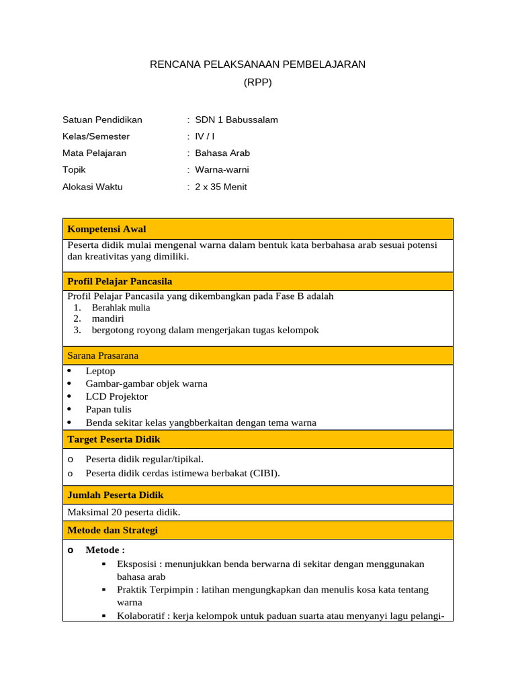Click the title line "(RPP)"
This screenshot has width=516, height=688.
[257, 83]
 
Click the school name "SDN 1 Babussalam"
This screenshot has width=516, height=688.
[236, 120]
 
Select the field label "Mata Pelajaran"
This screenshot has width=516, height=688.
[94, 153]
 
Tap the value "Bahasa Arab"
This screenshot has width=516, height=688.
[222, 153]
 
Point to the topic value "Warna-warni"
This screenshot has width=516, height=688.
[222, 170]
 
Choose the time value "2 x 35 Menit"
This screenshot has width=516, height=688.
[221, 187]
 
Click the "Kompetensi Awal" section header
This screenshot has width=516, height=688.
[107, 229]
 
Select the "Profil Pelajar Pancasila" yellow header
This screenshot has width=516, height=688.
[120, 281]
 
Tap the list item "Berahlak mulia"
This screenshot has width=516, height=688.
[121, 308]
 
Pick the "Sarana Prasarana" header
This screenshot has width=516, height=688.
[103, 355]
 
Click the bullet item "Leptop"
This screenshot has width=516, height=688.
[101, 371]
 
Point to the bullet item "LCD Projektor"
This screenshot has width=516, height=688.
[117, 396]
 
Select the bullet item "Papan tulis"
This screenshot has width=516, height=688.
[109, 409]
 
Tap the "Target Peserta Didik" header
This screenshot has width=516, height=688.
[114, 439]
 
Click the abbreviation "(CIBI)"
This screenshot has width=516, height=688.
[265, 473]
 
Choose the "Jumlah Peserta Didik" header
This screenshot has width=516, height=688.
[116, 494]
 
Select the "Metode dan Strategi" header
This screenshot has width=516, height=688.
[113, 530]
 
